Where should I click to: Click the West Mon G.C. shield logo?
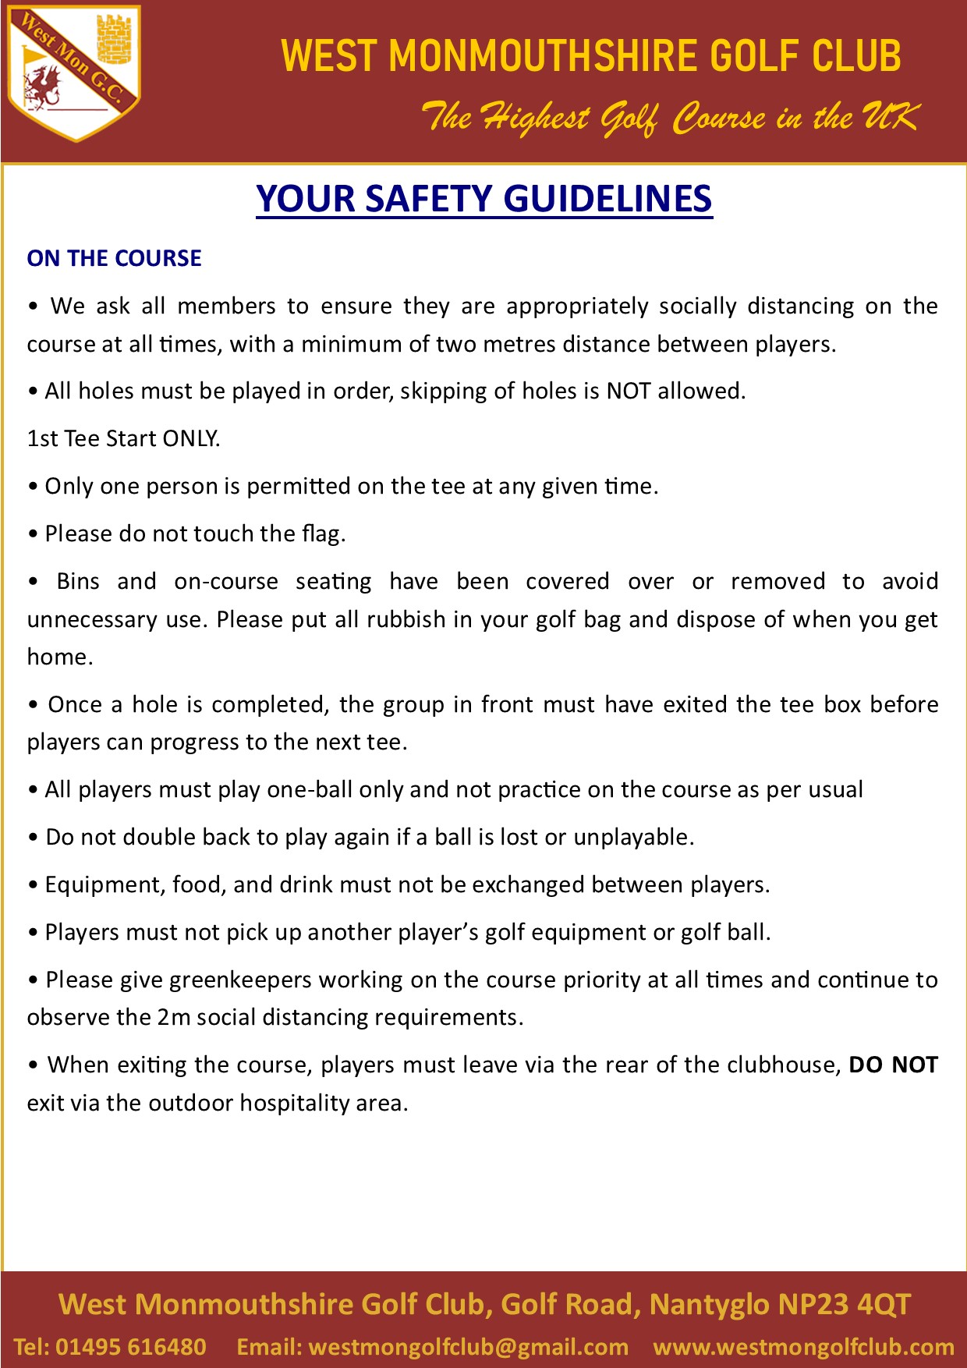pyautogui.click(x=74, y=74)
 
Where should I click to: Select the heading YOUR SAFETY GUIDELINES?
pyautogui.click(x=483, y=199)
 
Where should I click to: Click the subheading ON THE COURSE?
pyautogui.click(x=114, y=258)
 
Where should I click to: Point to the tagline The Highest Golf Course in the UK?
pyautogui.click(x=669, y=118)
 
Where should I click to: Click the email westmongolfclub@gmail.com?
pyautogui.click(x=468, y=1347)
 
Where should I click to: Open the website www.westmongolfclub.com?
pyautogui.click(x=803, y=1347)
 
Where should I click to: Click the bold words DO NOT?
pyautogui.click(x=893, y=1065)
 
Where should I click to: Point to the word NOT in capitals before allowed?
pyautogui.click(x=629, y=391)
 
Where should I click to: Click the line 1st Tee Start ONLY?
pyautogui.click(x=124, y=438)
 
